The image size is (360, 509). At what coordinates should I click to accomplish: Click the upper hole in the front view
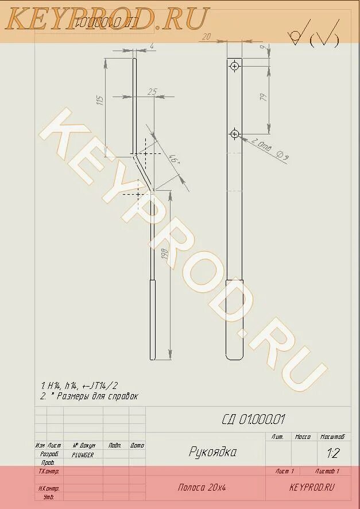(234, 67)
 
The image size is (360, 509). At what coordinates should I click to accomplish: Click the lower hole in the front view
(234, 134)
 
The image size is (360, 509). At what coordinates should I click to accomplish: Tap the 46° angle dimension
(175, 158)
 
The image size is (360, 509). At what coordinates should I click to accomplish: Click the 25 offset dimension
(152, 92)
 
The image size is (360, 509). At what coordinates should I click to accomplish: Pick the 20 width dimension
(206, 36)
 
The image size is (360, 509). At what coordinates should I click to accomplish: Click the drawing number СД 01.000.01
(253, 419)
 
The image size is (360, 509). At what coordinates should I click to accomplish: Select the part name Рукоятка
(212, 452)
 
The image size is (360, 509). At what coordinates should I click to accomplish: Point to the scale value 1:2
(332, 453)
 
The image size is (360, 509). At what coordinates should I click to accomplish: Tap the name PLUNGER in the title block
(83, 454)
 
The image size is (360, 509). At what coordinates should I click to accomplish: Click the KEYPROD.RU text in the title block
(312, 487)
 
